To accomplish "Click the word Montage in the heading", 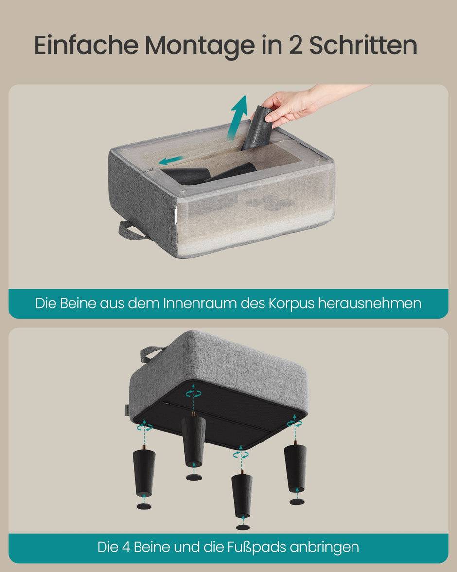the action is tap(199, 46).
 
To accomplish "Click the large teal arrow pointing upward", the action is tap(236, 117).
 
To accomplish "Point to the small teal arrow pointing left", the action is tap(171, 160).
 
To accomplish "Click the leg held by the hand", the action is tap(257, 128).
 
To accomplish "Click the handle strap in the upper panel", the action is tap(131, 231).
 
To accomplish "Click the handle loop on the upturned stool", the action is tap(151, 353).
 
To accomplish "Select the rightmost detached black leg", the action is tap(295, 466).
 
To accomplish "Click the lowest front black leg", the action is tap(242, 494).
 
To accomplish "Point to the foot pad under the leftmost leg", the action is tap(143, 506).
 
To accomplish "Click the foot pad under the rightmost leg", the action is tap(297, 502).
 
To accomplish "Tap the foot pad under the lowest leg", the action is tap(243, 527).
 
